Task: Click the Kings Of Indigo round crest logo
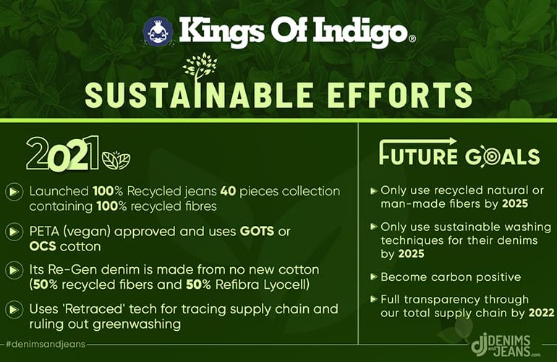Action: click(158, 32)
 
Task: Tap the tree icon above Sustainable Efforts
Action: click(200, 67)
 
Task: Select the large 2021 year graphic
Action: click(62, 153)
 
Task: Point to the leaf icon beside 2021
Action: click(116, 160)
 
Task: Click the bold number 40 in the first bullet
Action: click(228, 191)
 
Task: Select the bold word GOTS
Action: click(258, 232)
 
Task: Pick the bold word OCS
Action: click(43, 246)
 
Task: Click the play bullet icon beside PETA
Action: click(14, 232)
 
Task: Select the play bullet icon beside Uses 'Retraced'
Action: click(14, 309)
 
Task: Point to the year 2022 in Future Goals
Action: click(541, 313)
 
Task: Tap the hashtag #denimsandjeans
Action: click(46, 344)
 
